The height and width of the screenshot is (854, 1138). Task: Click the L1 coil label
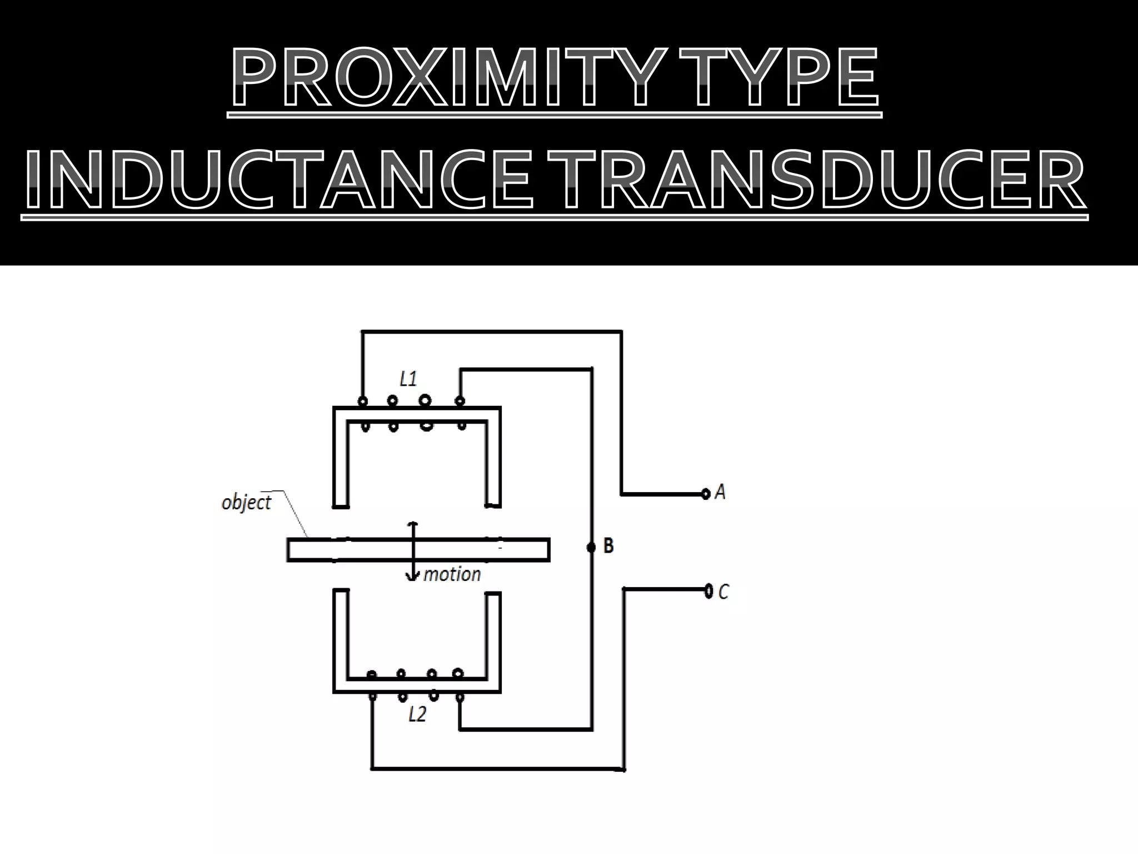[x=408, y=380]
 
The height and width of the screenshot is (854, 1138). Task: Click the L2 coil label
[x=417, y=714]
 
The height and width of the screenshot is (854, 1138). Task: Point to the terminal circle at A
[x=706, y=493]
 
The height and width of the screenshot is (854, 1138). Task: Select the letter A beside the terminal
[x=720, y=492]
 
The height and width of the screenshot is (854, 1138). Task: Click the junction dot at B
[x=591, y=547]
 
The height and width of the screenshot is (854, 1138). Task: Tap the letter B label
[x=608, y=547]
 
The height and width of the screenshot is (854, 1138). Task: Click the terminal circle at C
[x=708, y=590]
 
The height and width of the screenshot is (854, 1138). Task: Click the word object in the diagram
[x=246, y=503]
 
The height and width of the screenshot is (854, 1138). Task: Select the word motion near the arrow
[x=452, y=574]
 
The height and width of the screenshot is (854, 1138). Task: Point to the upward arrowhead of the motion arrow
[x=412, y=524]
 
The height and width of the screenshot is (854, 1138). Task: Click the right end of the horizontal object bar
[x=547, y=549]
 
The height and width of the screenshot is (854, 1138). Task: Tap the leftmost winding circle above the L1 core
[x=363, y=401]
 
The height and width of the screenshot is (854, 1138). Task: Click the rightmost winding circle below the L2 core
[x=460, y=697]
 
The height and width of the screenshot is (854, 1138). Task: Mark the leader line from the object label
[x=296, y=514]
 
